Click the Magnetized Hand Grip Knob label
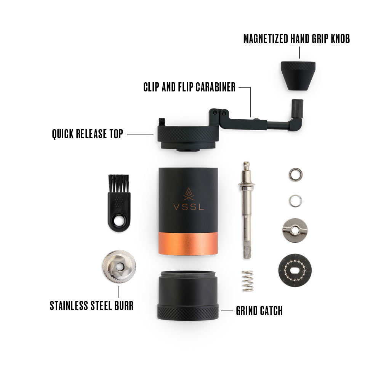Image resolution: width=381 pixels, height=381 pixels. pyautogui.click(x=296, y=38)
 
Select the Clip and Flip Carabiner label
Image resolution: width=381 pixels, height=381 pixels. pyautogui.click(x=189, y=87)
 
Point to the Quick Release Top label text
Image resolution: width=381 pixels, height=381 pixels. pyautogui.click(x=87, y=134)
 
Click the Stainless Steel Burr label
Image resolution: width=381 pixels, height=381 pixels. pyautogui.click(x=91, y=306)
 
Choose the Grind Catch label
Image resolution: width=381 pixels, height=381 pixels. pyautogui.click(x=259, y=311)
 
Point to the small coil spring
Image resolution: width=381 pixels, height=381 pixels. pyautogui.click(x=248, y=281)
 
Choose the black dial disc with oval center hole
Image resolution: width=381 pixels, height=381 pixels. pyautogui.click(x=295, y=270)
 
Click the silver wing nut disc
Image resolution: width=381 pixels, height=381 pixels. pyautogui.click(x=295, y=230)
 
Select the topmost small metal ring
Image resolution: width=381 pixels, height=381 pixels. pyautogui.click(x=295, y=174)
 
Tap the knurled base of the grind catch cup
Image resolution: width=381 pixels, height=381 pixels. pyautogui.click(x=188, y=312)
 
